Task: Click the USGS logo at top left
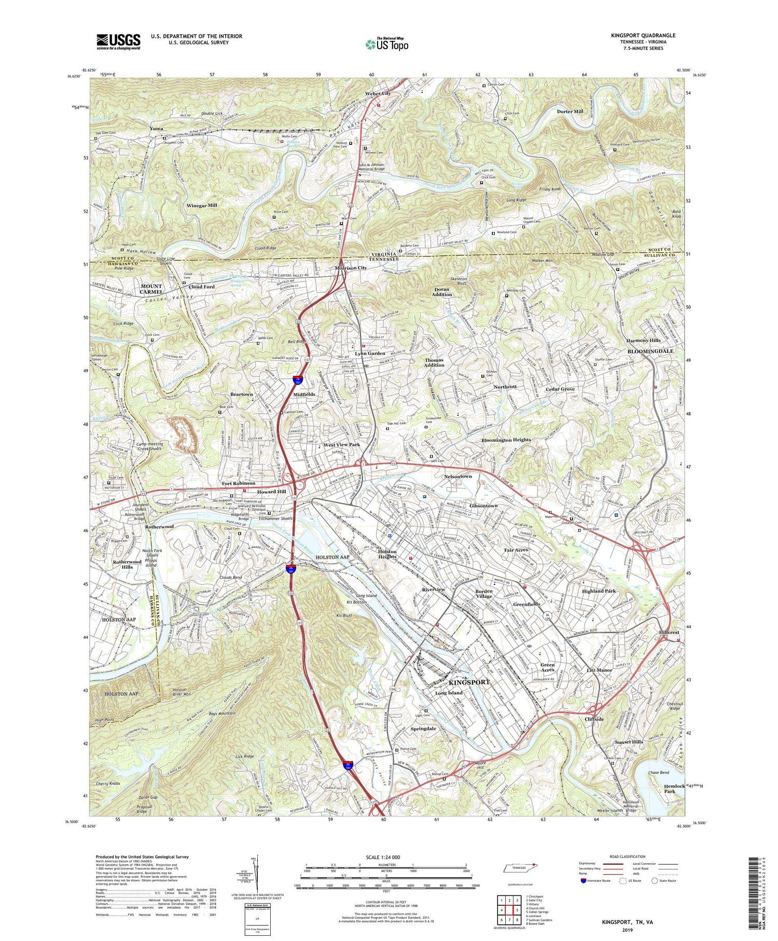pyautogui.click(x=118, y=42)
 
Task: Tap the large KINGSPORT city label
pyautogui.click(x=468, y=682)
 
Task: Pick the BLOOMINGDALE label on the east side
pyautogui.click(x=650, y=351)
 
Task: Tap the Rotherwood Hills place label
pyautogui.click(x=127, y=565)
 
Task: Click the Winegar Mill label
pyautogui.click(x=202, y=206)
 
